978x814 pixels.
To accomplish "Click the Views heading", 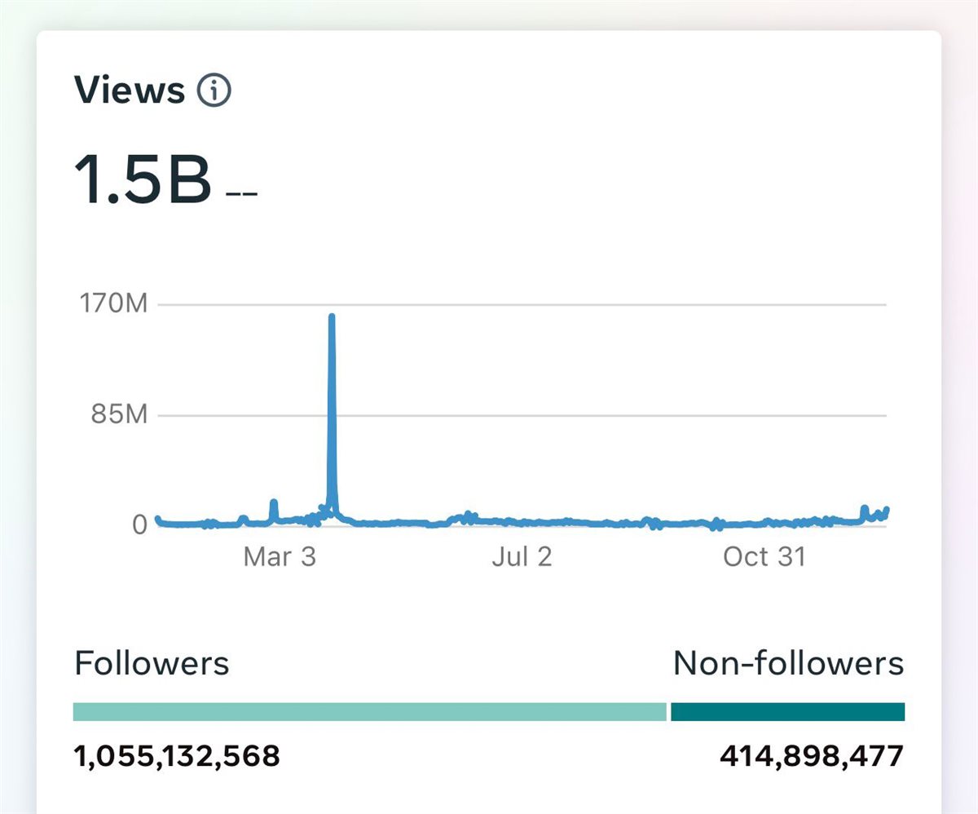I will (130, 90).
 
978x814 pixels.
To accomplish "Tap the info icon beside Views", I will (214, 91).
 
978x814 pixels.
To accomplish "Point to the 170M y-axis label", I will (113, 305).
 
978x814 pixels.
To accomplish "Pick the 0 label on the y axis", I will (140, 524).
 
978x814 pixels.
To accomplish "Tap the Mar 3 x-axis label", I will (279, 557).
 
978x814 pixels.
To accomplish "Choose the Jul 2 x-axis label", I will (522, 557).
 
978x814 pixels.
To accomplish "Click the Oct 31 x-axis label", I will (764, 557).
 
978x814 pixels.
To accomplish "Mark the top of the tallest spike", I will (332, 316).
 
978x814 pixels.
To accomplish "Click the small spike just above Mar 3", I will (274, 504).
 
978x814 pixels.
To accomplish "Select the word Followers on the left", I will (152, 664).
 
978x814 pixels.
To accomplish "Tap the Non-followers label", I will (788, 664).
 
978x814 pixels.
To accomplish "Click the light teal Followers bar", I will (369, 712).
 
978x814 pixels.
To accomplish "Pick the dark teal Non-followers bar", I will (787, 712).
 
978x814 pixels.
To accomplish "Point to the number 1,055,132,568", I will (177, 756).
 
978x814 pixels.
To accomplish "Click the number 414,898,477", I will (812, 756).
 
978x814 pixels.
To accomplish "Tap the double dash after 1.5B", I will (241, 195).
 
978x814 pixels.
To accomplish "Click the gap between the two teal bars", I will (668, 712).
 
